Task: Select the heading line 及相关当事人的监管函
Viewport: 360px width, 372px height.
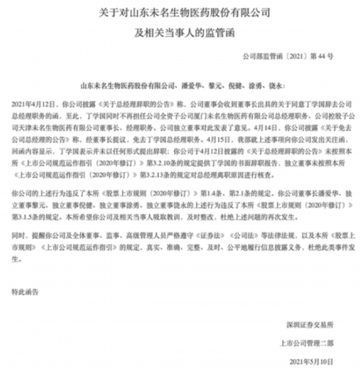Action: [179, 30]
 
